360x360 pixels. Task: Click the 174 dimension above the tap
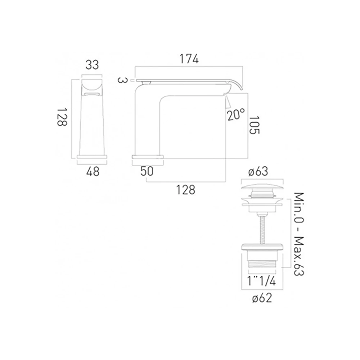tap(189, 59)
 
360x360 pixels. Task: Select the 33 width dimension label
tap(92, 65)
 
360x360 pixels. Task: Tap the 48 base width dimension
tap(93, 171)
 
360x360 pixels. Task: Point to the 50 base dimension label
tap(147, 171)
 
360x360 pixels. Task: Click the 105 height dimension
tap(254, 125)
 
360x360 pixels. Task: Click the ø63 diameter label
tap(258, 171)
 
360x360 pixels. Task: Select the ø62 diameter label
tap(262, 298)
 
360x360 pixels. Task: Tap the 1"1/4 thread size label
tap(261, 281)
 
